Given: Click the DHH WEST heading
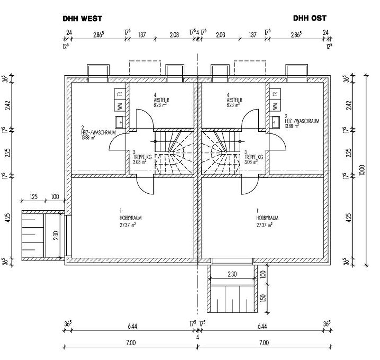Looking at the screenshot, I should pyautogui.click(x=82, y=19).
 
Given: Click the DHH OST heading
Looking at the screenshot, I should pyautogui.click(x=310, y=18).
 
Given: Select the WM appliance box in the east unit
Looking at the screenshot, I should pyautogui.click(x=275, y=106).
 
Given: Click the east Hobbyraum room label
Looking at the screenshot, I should pyautogui.click(x=267, y=218).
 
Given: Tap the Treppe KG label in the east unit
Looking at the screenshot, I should pyautogui.click(x=254, y=157).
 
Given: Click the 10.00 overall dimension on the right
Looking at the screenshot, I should pyautogui.click(x=363, y=170).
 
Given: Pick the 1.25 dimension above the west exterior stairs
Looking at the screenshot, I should pyautogui.click(x=33, y=197).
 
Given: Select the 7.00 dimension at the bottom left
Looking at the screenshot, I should pyautogui.click(x=131, y=342).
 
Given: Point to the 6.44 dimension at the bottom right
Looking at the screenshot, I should pyautogui.click(x=262, y=326).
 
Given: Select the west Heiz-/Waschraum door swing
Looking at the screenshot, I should pyautogui.click(x=117, y=142).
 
